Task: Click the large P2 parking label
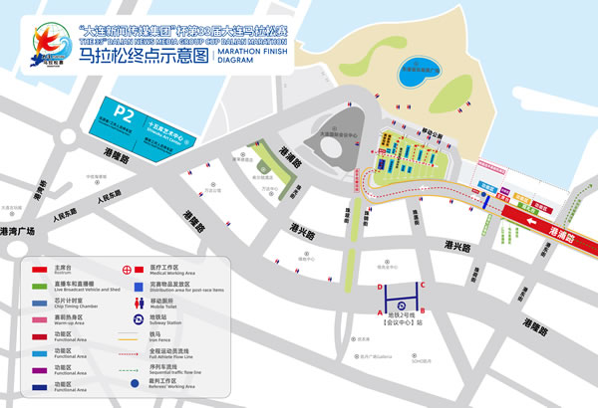[x=124, y=112]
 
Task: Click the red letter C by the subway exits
[x=423, y=287]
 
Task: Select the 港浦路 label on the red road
[x=567, y=231]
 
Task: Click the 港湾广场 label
[x=17, y=232]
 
